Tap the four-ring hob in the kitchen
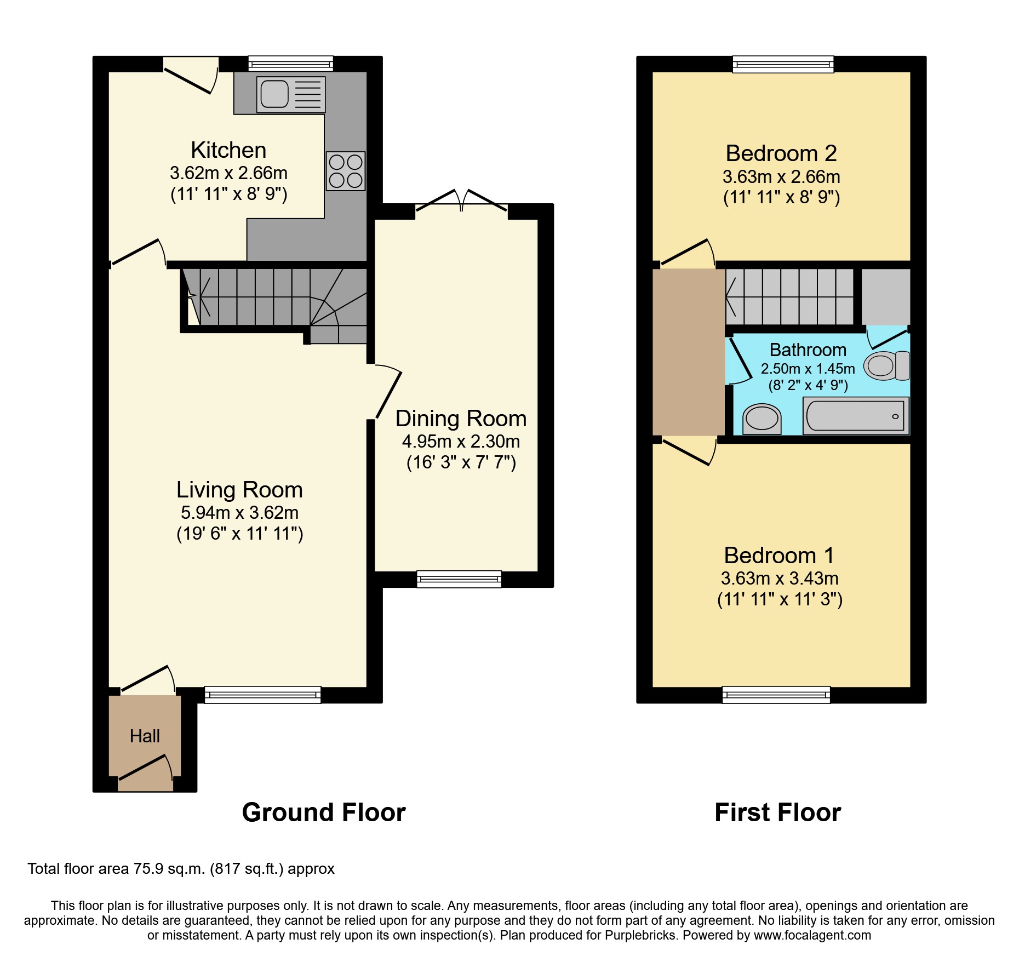pos(346,171)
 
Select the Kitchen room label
pos(228,150)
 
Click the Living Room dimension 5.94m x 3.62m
pos(239,513)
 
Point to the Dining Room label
pos(461,419)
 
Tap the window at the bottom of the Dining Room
pos(459,579)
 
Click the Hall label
pos(145,736)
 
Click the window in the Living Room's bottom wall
pos(262,695)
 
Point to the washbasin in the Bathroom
pos(762,420)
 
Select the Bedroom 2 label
pos(781,153)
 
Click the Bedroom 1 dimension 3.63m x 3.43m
pos(780,579)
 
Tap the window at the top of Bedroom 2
pos(783,64)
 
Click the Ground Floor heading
pos(324,812)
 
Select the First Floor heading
pos(777,812)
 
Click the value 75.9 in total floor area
pos(149,869)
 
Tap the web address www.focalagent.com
pos(812,935)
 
